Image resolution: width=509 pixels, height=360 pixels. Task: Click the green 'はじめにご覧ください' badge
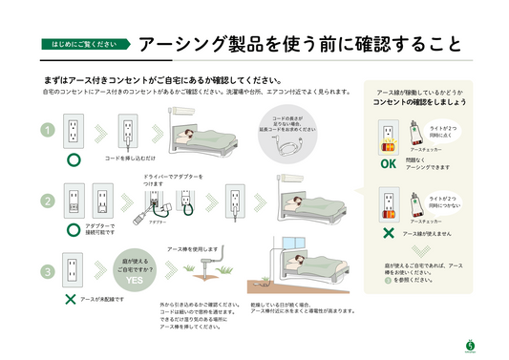click(84, 44)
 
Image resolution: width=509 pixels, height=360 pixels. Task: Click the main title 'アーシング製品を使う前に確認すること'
click(300, 44)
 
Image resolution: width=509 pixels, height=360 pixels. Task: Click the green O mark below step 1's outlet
click(71, 164)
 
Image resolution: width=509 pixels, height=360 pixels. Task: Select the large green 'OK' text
click(388, 163)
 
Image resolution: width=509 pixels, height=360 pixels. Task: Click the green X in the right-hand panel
click(388, 232)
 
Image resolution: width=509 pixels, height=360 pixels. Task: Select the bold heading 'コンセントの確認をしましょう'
click(419, 100)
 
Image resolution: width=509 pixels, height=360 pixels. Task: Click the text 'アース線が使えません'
click(426, 233)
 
